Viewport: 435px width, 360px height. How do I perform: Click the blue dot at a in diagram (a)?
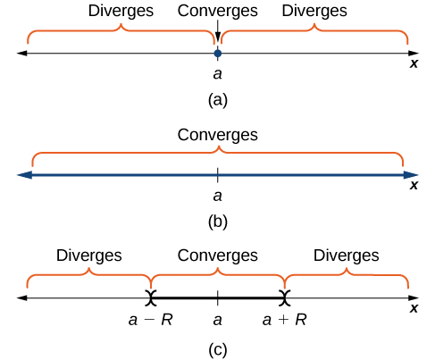217,54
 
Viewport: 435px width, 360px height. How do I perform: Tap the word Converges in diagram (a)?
217,12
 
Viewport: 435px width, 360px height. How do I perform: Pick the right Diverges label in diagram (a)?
314,12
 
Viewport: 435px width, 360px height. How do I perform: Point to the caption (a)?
217,100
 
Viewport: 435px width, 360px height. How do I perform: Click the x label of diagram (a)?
414,63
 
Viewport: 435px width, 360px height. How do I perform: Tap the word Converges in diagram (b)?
217,135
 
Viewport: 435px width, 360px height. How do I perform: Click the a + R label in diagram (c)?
285,317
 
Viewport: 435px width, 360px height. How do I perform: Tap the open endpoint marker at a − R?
152,297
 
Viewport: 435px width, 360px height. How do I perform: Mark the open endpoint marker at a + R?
285,297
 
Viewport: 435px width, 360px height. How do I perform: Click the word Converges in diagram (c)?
217,255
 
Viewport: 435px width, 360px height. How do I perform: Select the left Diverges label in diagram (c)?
88,255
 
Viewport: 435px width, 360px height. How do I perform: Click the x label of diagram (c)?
414,307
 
